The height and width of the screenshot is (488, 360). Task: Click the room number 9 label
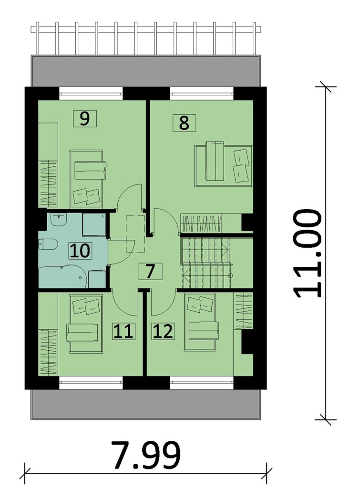click(x=84, y=118)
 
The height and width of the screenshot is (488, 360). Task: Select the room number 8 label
click(x=184, y=122)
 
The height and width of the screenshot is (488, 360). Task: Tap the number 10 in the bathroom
click(x=80, y=250)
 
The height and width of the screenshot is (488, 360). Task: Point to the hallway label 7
click(x=150, y=271)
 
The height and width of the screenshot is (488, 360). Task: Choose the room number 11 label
click(x=123, y=331)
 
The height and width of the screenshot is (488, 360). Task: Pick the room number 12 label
click(x=163, y=331)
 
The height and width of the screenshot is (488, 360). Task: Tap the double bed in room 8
click(x=223, y=163)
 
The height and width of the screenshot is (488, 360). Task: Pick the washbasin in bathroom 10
click(x=58, y=221)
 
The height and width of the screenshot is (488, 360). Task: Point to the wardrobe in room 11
click(x=48, y=351)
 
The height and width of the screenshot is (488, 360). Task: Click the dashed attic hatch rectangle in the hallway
click(x=135, y=233)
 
